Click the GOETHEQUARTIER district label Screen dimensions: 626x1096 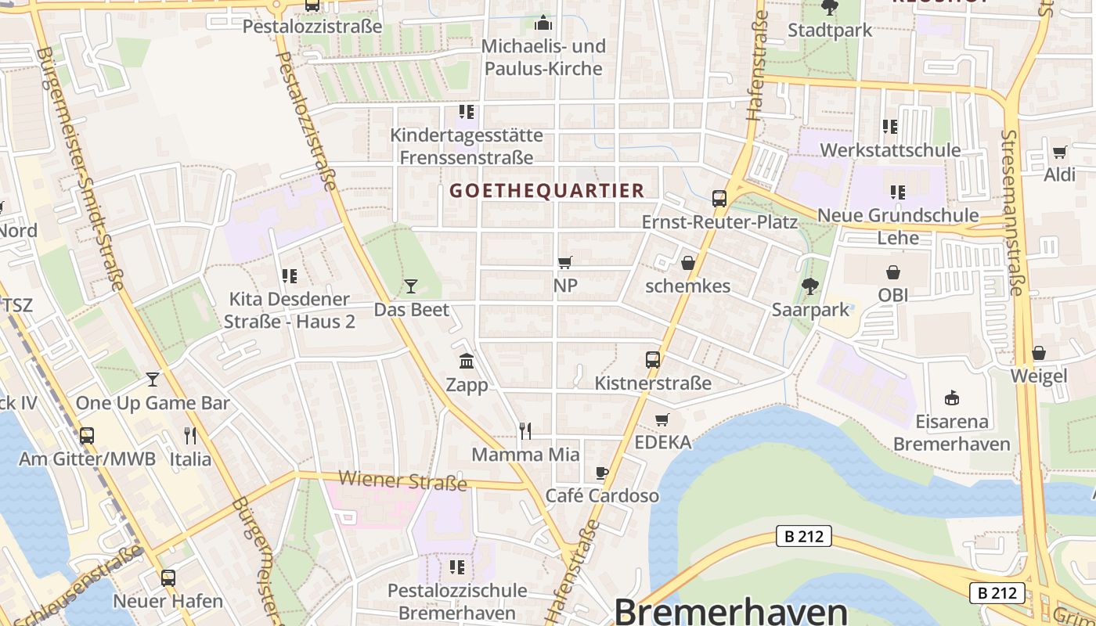pyautogui.click(x=546, y=190)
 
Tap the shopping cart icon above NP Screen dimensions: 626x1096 pyautogui.click(x=564, y=263)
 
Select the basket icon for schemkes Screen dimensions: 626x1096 pyautogui.click(x=687, y=263)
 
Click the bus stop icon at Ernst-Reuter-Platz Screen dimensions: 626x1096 pyautogui.click(x=719, y=199)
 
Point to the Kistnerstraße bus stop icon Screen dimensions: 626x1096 pyautogui.click(x=653, y=360)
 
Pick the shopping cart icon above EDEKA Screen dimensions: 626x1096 pyautogui.click(x=662, y=419)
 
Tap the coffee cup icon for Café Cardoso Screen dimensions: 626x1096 pyautogui.click(x=601, y=473)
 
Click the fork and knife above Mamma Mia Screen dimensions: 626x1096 pyautogui.click(x=525, y=430)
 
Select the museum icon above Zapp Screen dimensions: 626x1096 pyautogui.click(x=467, y=361)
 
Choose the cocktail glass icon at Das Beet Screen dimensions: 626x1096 pyautogui.click(x=411, y=286)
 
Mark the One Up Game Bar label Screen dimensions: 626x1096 pyautogui.click(x=153, y=403)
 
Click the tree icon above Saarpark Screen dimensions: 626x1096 pyautogui.click(x=810, y=286)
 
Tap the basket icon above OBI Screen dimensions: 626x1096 pyautogui.click(x=892, y=272)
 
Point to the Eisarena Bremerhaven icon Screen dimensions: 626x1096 pyautogui.click(x=951, y=398)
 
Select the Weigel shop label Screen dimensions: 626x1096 pyautogui.click(x=1038, y=376)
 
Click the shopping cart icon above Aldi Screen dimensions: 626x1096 pyautogui.click(x=1059, y=152)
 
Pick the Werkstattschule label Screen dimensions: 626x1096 pyautogui.click(x=890, y=149)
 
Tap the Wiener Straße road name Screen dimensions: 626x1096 pyautogui.click(x=403, y=480)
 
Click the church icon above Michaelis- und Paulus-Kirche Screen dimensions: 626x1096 pyautogui.click(x=544, y=23)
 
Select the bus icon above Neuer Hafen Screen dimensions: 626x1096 pyautogui.click(x=168, y=578)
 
